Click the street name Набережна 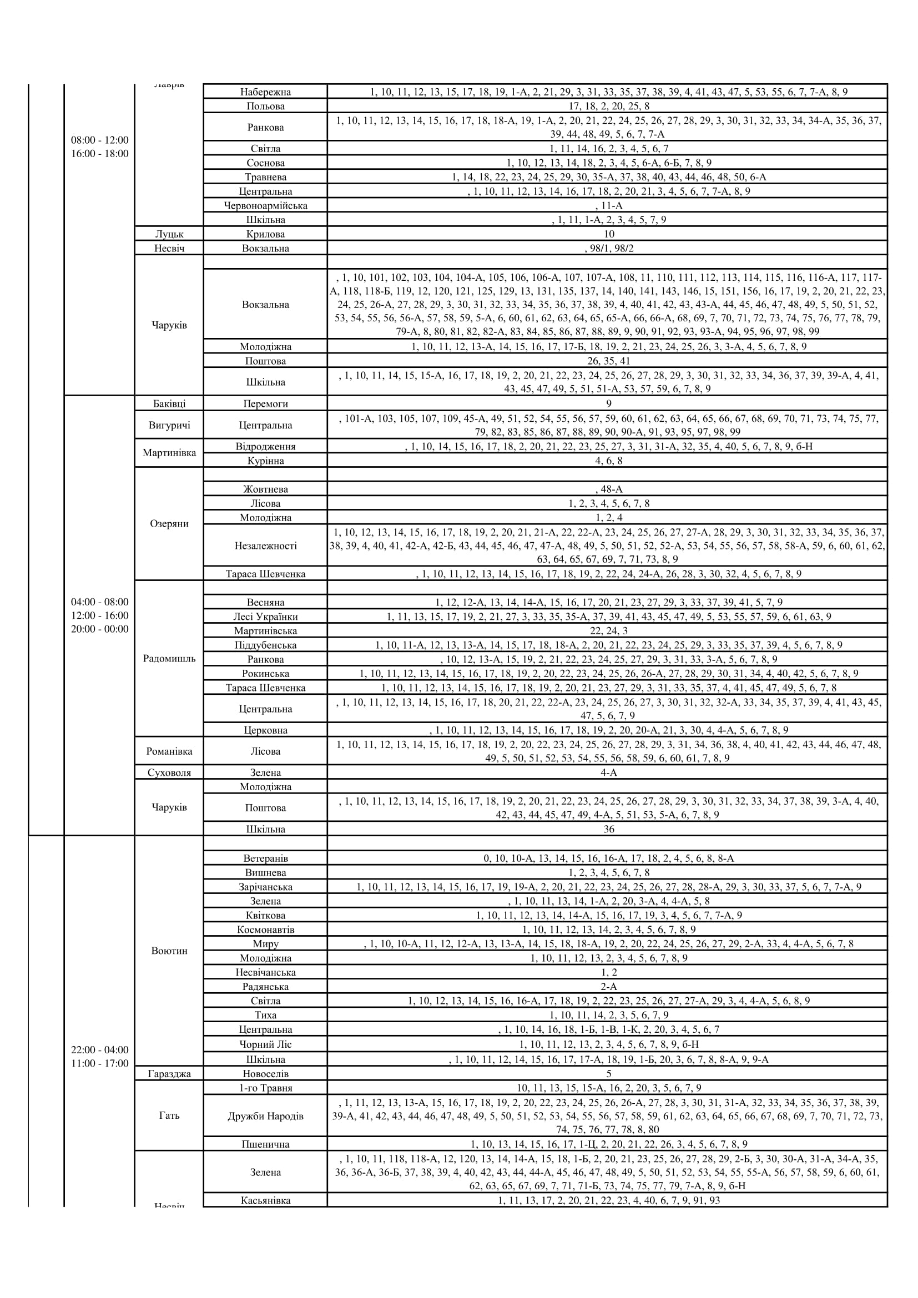pos(265,92)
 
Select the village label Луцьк pos(169,234)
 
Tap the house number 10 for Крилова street pos(608,234)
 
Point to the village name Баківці pos(169,403)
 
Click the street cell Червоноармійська pos(265,206)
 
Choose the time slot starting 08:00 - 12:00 pos(99,140)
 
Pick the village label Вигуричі pos(169,425)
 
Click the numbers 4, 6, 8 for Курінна pos(608,461)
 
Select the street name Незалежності pos(265,546)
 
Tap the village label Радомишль pos(169,659)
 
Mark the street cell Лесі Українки pos(265,617)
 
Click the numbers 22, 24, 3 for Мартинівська pos(608,631)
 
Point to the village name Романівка pos(169,751)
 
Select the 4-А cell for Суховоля pos(608,773)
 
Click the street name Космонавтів pos(265,930)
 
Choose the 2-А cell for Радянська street pos(608,987)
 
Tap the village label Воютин pos(169,951)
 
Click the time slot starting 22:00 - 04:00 pos(99,1050)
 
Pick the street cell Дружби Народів pos(265,1117)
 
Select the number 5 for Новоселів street pos(608,1074)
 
